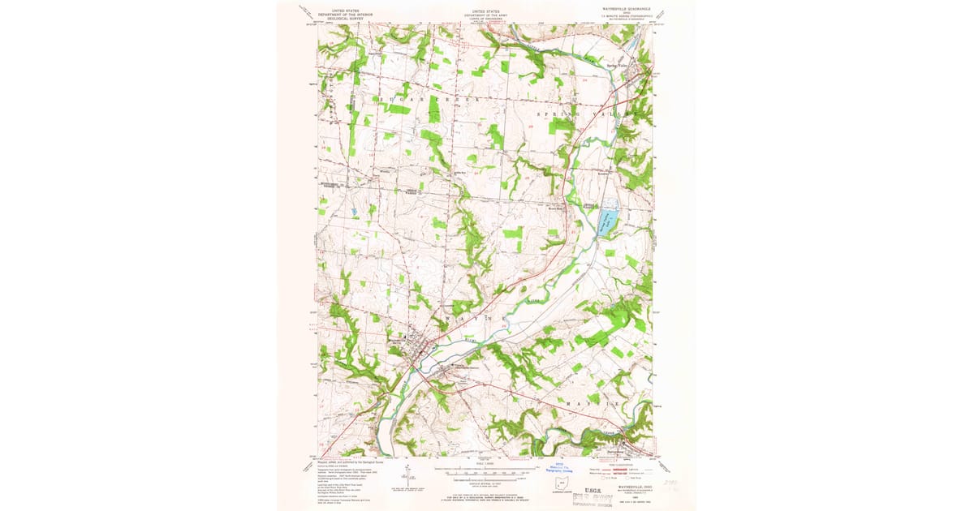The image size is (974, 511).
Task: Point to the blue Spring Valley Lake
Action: coord(607,219)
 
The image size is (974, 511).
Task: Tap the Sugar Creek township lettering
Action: coord(430,98)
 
